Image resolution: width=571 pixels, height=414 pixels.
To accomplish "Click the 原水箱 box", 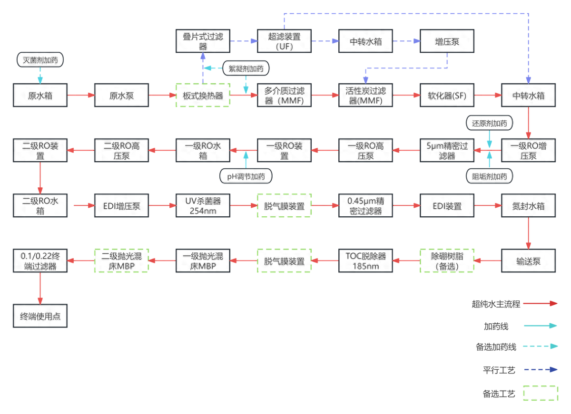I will pyautogui.click(x=40, y=96).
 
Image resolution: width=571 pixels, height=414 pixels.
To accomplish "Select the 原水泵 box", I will pyautogui.click(x=121, y=96).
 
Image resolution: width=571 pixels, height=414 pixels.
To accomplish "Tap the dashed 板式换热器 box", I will pyautogui.click(x=203, y=96).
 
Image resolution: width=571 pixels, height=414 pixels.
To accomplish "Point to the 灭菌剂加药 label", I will pyautogui.click(x=40, y=60).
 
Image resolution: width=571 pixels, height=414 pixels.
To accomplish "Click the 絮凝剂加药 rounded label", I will pyautogui.click(x=246, y=68).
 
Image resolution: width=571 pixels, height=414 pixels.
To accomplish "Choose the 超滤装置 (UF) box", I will pyautogui.click(x=284, y=41).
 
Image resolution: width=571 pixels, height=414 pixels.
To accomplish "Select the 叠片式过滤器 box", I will pyautogui.click(x=203, y=41).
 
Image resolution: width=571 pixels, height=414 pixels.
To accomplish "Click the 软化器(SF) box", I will pyautogui.click(x=447, y=96).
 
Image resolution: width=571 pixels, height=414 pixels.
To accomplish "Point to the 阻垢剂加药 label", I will pyautogui.click(x=490, y=176).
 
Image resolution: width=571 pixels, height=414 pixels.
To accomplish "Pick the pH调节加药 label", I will pyautogui.click(x=246, y=176).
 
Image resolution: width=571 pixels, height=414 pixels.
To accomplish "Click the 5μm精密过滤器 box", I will pyautogui.click(x=447, y=150).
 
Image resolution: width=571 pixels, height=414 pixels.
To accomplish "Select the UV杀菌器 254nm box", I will pyautogui.click(x=203, y=206).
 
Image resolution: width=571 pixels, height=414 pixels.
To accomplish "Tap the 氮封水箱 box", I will pyautogui.click(x=528, y=206).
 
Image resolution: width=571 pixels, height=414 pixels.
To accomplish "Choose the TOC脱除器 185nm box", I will pyautogui.click(x=365, y=260).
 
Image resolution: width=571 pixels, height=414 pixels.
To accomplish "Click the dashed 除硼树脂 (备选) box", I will pyautogui.click(x=447, y=260).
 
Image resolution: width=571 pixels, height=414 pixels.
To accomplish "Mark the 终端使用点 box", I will pyautogui.click(x=40, y=316).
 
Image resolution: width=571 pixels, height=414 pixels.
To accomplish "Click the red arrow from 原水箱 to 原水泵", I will pyautogui.click(x=81, y=96).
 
